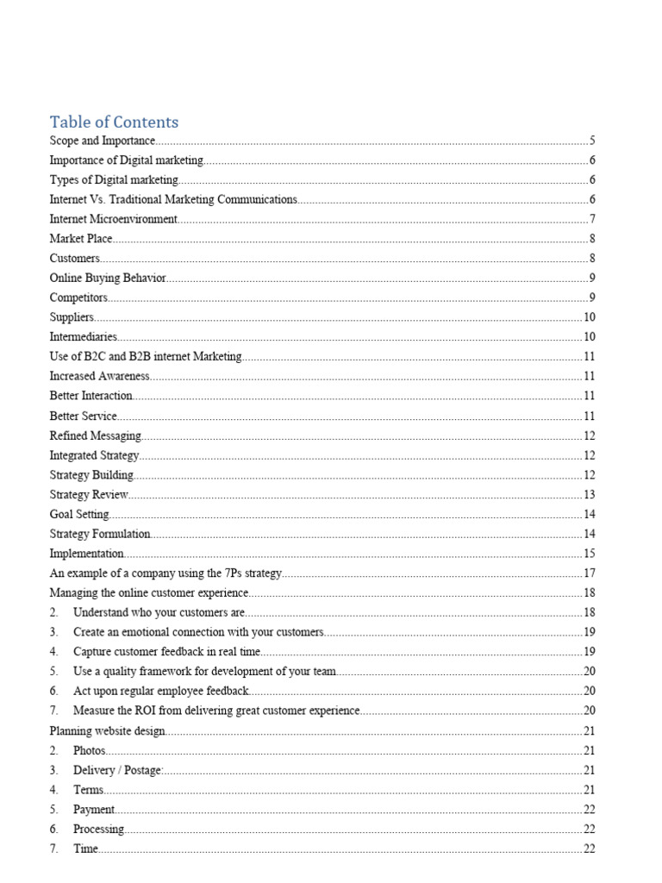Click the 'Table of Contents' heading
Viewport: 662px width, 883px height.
pyautogui.click(x=114, y=122)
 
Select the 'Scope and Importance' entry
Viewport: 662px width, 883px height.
pyautogui.click(x=102, y=141)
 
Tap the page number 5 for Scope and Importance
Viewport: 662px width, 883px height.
pyautogui.click(x=592, y=141)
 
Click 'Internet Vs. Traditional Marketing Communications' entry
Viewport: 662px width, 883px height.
pyautogui.click(x=173, y=199)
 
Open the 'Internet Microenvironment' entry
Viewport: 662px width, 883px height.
pyautogui.click(x=113, y=219)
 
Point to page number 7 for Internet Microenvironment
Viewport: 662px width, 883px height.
pyautogui.click(x=592, y=219)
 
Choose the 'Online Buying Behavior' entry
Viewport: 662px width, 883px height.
pyautogui.click(x=108, y=278)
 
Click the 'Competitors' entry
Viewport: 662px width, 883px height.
pyautogui.click(x=78, y=297)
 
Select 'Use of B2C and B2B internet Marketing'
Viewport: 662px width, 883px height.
pyautogui.click(x=146, y=356)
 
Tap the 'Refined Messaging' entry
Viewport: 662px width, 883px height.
pyautogui.click(x=95, y=435)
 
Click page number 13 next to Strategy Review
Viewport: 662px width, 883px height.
pyautogui.click(x=590, y=494)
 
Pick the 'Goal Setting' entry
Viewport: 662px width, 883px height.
pyautogui.click(x=79, y=514)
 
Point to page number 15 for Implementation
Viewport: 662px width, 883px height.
pyautogui.click(x=590, y=554)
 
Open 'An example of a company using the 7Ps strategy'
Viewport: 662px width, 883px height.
pyautogui.click(x=165, y=573)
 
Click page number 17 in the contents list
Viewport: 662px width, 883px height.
pyautogui.click(x=590, y=573)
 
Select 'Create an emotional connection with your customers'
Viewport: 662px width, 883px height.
pyautogui.click(x=198, y=632)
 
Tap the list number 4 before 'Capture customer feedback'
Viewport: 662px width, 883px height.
pyautogui.click(x=53, y=652)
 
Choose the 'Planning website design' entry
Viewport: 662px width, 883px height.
pyautogui.click(x=107, y=731)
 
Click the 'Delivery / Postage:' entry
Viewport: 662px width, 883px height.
pyautogui.click(x=118, y=770)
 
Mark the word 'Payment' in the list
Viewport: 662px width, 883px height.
pyautogui.click(x=94, y=810)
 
